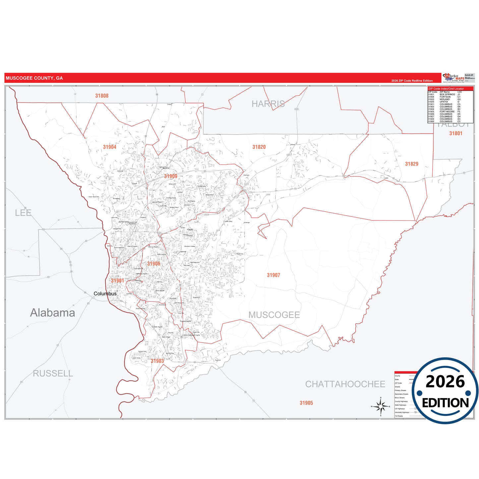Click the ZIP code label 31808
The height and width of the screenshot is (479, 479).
coord(102,96)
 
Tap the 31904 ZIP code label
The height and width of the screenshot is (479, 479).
coord(109,147)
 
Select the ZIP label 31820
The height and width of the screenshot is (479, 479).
coord(259,147)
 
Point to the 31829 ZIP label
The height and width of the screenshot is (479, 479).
coord(411,164)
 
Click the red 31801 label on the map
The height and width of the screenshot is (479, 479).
coord(455,134)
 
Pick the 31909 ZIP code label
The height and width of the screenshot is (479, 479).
coord(170,176)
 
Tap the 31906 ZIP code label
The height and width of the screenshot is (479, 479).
coord(153,264)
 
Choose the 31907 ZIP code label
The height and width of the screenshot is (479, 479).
coord(273,275)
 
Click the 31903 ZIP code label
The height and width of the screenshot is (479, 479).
coord(157,361)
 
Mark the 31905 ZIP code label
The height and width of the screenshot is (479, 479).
coord(306,403)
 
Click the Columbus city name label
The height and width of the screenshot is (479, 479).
coord(105,294)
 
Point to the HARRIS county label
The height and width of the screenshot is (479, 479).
coord(268,104)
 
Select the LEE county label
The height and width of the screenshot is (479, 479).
coord(23,213)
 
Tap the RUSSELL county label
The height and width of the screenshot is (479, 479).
coord(53,374)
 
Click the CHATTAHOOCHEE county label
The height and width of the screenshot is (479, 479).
coord(345,384)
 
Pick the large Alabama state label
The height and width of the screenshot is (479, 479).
coord(52,313)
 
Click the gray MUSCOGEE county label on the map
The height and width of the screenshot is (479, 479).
coord(274,315)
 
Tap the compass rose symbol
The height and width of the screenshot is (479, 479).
coord(381,406)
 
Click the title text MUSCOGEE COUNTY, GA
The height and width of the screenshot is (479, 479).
coord(34,78)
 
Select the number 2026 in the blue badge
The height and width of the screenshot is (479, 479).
coord(445,382)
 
